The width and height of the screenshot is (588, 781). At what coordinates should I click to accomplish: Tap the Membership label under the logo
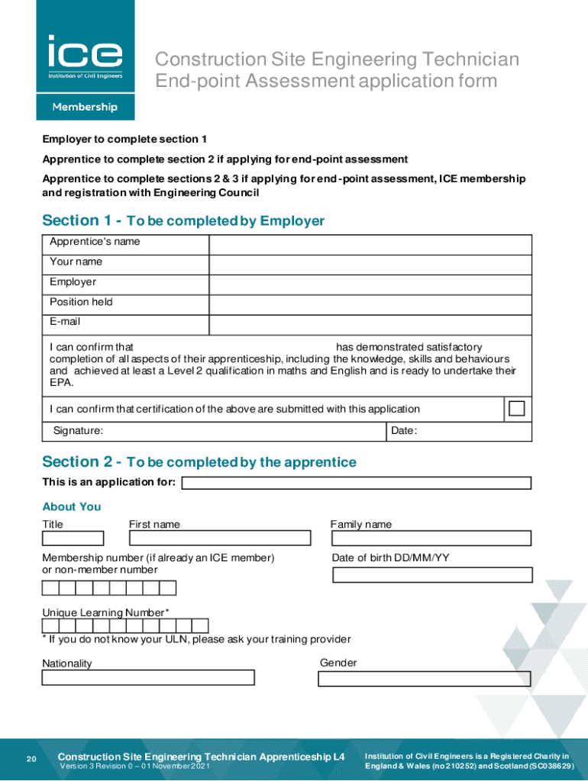[85, 108]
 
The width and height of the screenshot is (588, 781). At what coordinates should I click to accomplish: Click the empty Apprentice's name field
[370, 244]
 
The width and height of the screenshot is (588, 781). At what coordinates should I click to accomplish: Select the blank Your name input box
[370, 264]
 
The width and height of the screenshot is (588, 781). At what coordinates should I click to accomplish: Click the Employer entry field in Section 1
[370, 284]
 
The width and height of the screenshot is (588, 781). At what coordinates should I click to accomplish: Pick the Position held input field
[370, 304]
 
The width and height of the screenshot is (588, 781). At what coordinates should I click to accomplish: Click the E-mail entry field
[370, 324]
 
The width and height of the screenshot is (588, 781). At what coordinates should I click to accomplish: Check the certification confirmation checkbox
[517, 408]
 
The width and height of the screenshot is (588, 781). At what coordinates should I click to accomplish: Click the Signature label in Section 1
[78, 431]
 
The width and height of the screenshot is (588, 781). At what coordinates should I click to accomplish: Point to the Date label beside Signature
[404, 431]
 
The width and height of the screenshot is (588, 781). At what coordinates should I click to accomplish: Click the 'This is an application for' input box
[356, 483]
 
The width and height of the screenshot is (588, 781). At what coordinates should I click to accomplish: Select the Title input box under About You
[73, 538]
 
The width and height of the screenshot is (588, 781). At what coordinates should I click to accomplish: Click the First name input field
[220, 538]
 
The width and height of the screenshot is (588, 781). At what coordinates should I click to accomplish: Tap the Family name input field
[431, 538]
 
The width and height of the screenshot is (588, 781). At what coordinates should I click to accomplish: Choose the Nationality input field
[148, 677]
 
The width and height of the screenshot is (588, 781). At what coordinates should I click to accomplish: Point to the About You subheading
[72, 506]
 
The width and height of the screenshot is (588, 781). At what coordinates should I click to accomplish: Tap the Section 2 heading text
[199, 462]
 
